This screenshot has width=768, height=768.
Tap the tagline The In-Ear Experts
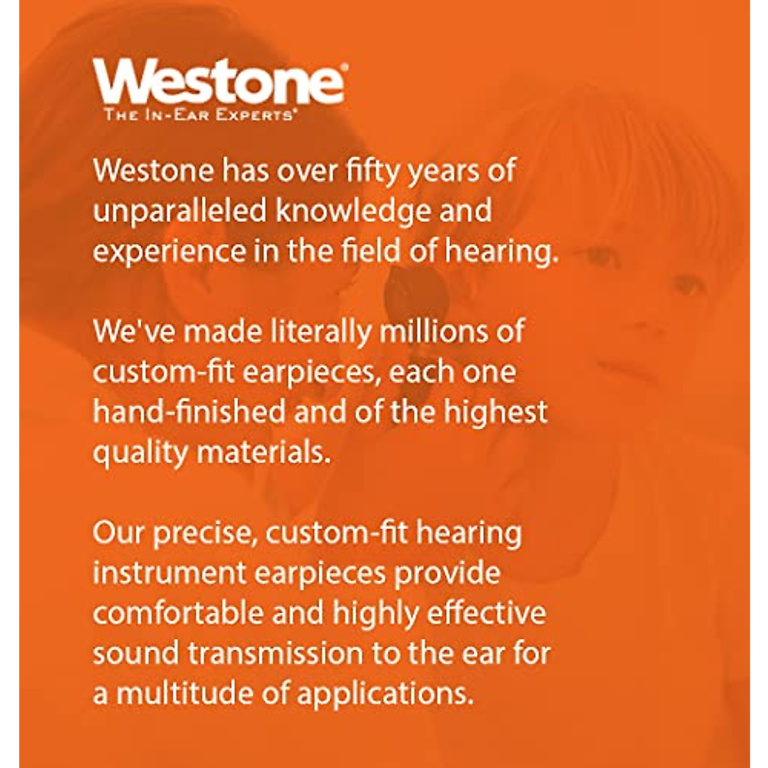pos(200,115)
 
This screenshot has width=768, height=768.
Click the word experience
pos(170,252)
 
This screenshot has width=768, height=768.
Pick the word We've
pos(134,331)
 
